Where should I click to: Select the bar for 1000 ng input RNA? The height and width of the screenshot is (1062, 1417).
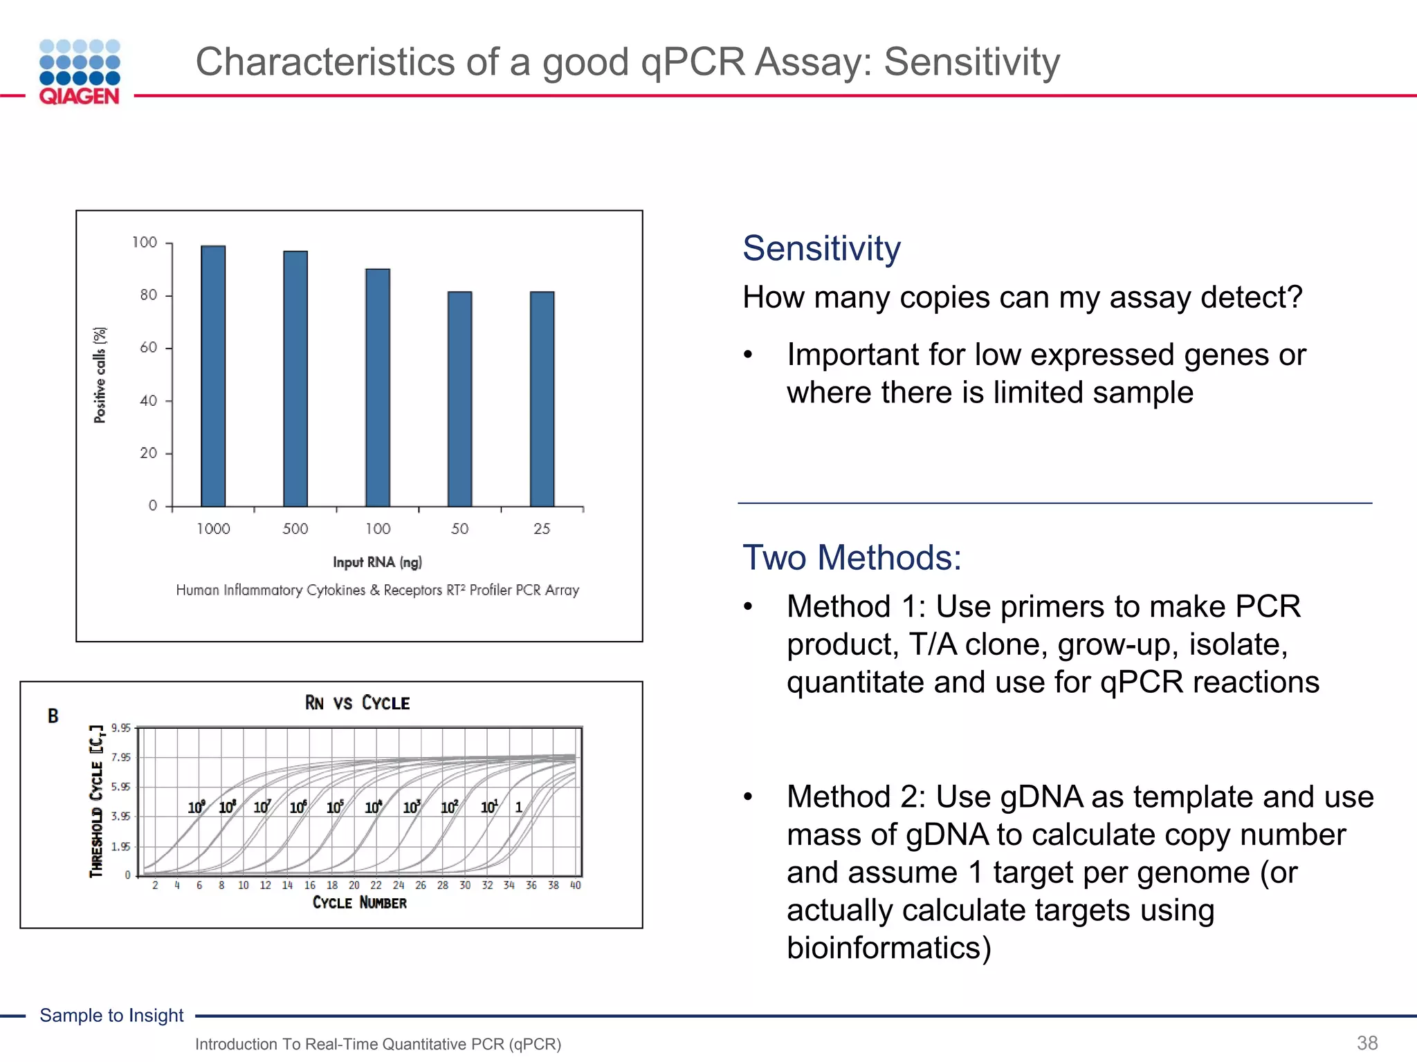coord(213,377)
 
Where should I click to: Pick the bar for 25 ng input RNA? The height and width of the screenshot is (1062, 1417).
coord(542,399)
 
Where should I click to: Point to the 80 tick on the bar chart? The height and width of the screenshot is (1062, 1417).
coord(149,295)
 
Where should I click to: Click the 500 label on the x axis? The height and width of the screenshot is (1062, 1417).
coord(295,529)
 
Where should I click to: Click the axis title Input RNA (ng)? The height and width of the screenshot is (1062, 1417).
coord(377,562)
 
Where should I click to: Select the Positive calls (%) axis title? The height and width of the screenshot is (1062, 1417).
coord(101,375)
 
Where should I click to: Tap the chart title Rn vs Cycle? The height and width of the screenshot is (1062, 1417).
coord(357,703)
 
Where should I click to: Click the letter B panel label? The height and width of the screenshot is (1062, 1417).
coord(53,716)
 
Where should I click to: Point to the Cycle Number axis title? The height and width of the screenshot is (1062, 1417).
coord(359,903)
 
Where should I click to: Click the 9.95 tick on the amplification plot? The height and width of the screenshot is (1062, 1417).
coord(120,728)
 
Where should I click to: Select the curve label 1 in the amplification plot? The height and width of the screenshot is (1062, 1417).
coord(519,808)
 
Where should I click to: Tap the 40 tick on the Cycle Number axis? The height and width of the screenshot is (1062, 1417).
coord(575,886)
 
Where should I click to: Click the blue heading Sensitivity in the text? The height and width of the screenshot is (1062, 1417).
coord(821,248)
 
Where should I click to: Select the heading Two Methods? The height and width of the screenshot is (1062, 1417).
coord(852,557)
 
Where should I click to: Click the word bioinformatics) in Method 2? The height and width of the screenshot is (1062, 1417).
coord(889,948)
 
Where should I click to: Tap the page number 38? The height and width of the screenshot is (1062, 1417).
coord(1367,1043)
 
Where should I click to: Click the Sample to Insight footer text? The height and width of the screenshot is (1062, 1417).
coord(111,1015)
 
